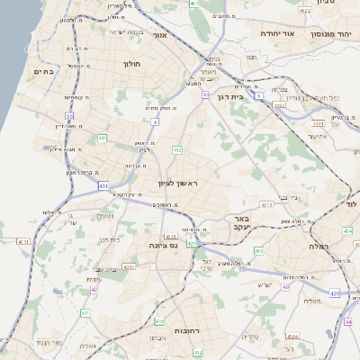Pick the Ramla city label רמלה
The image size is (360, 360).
(319, 246)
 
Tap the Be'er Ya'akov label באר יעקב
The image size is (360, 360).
(246, 223)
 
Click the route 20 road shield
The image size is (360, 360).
(69, 117)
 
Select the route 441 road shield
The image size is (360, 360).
(103, 139)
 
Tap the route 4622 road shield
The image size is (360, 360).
(304, 10)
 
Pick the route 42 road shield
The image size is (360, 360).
(94, 290)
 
